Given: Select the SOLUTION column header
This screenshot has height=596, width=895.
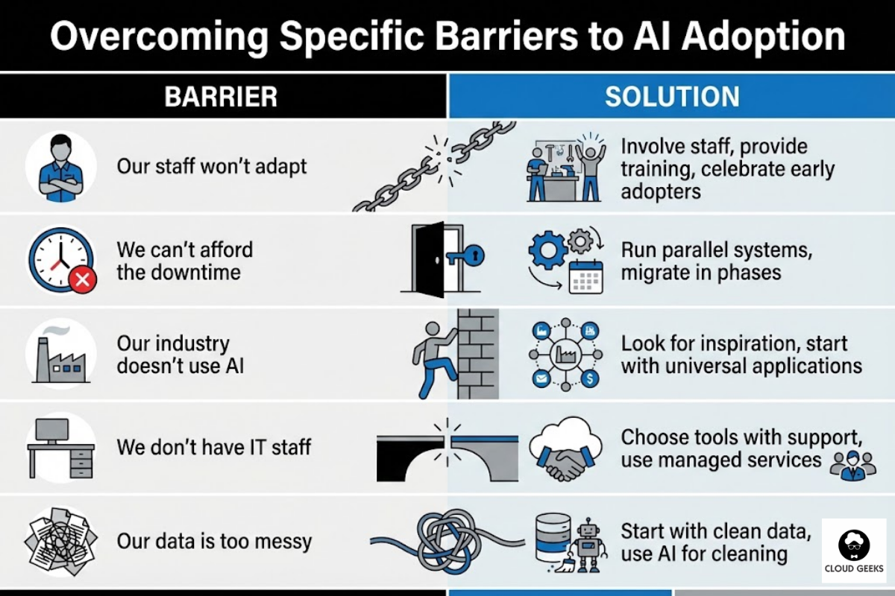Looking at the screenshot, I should coord(672,96).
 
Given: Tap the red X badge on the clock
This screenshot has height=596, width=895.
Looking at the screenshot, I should coord(82,280).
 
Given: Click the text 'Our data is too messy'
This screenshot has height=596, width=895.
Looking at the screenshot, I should coord(214,541).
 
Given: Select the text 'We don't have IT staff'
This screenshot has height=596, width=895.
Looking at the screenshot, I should coord(214,448).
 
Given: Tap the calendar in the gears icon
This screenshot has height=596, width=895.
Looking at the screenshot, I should coord(585,277).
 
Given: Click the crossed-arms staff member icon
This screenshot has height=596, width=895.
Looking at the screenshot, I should coord(60,168).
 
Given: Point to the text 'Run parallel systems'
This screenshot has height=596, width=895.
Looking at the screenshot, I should coord(717,250).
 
